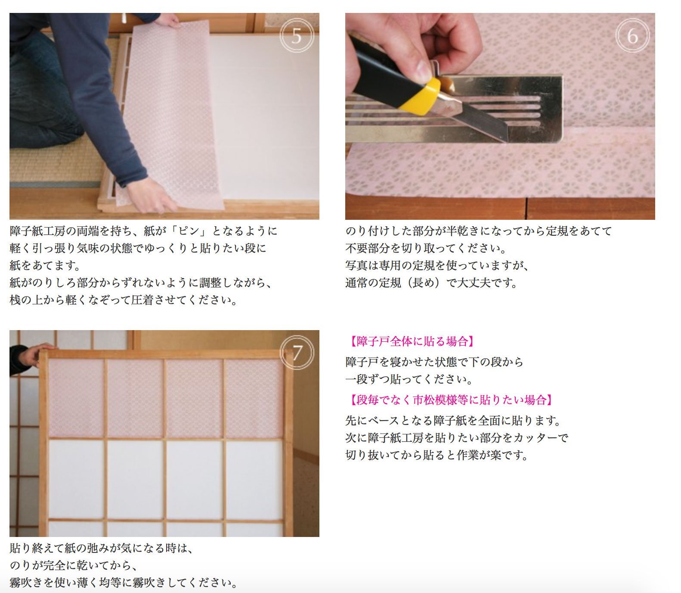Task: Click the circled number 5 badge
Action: pos(297,36)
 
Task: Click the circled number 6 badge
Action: pos(632,36)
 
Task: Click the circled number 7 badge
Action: pos(297,353)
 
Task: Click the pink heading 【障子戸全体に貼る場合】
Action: pos(412,342)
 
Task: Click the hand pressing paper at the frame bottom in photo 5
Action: pos(149,196)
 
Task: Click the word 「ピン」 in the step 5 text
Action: pos(189,231)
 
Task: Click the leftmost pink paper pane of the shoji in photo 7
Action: pos(76,398)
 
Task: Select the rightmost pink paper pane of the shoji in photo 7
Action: pos(254,398)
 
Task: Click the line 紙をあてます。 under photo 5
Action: pos(45,265)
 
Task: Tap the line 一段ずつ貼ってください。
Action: pos(409,379)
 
